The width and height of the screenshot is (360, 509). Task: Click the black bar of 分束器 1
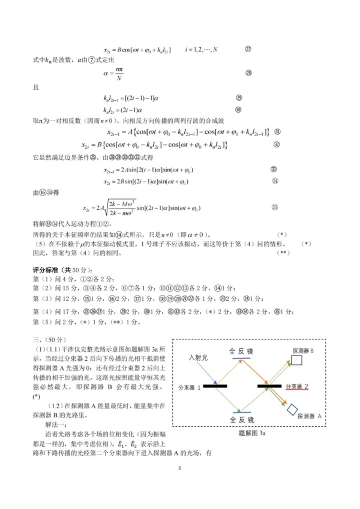tap(218, 386)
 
